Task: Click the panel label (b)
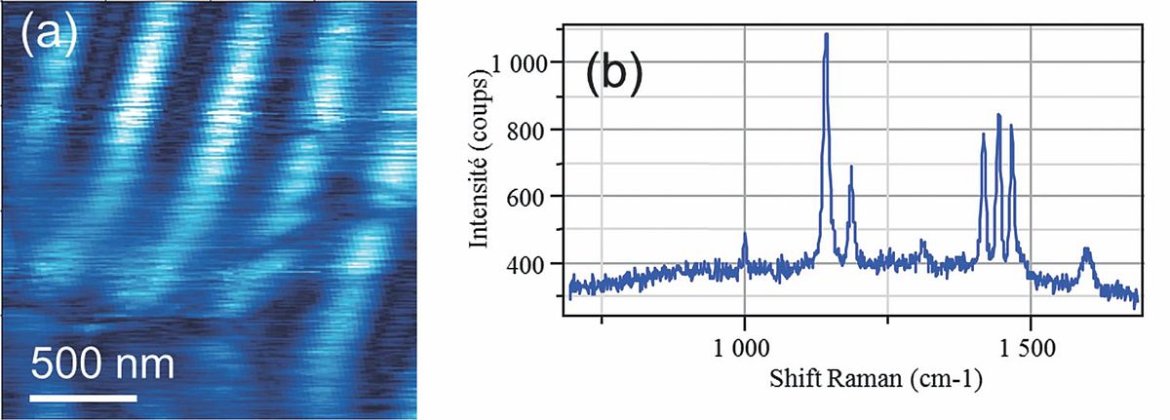613,75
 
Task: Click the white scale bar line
83,398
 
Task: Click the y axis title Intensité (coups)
482,162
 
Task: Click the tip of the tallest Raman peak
827,34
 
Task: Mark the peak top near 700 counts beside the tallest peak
851,167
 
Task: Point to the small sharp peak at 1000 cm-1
745,234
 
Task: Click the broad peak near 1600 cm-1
1086,250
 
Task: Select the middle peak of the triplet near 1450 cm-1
998,115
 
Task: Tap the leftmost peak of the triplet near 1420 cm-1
984,134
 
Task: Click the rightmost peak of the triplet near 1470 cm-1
1011,125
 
